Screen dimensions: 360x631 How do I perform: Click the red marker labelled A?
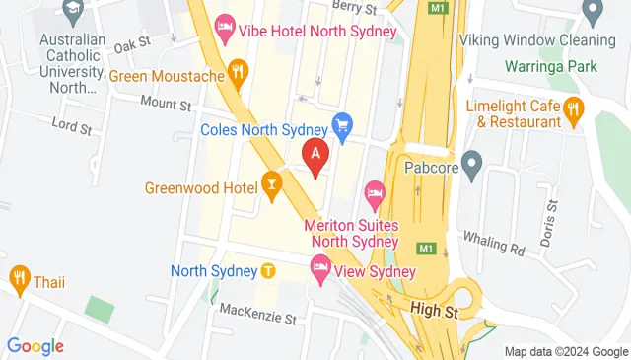tap(315, 156)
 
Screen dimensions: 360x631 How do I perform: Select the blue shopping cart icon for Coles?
tap(343, 125)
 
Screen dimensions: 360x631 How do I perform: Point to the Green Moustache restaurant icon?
tap(237, 71)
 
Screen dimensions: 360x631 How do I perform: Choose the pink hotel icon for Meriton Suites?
tap(375, 191)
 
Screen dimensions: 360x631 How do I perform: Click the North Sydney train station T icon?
tap(268, 270)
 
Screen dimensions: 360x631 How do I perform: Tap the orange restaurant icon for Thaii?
tap(19, 278)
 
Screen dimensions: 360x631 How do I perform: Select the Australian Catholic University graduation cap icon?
tap(71, 12)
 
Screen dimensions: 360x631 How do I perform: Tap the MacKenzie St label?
tap(258, 318)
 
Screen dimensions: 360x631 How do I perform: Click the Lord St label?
tap(73, 125)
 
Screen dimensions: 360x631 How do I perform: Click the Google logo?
tap(35, 346)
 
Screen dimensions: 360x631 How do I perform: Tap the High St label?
tap(434, 312)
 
